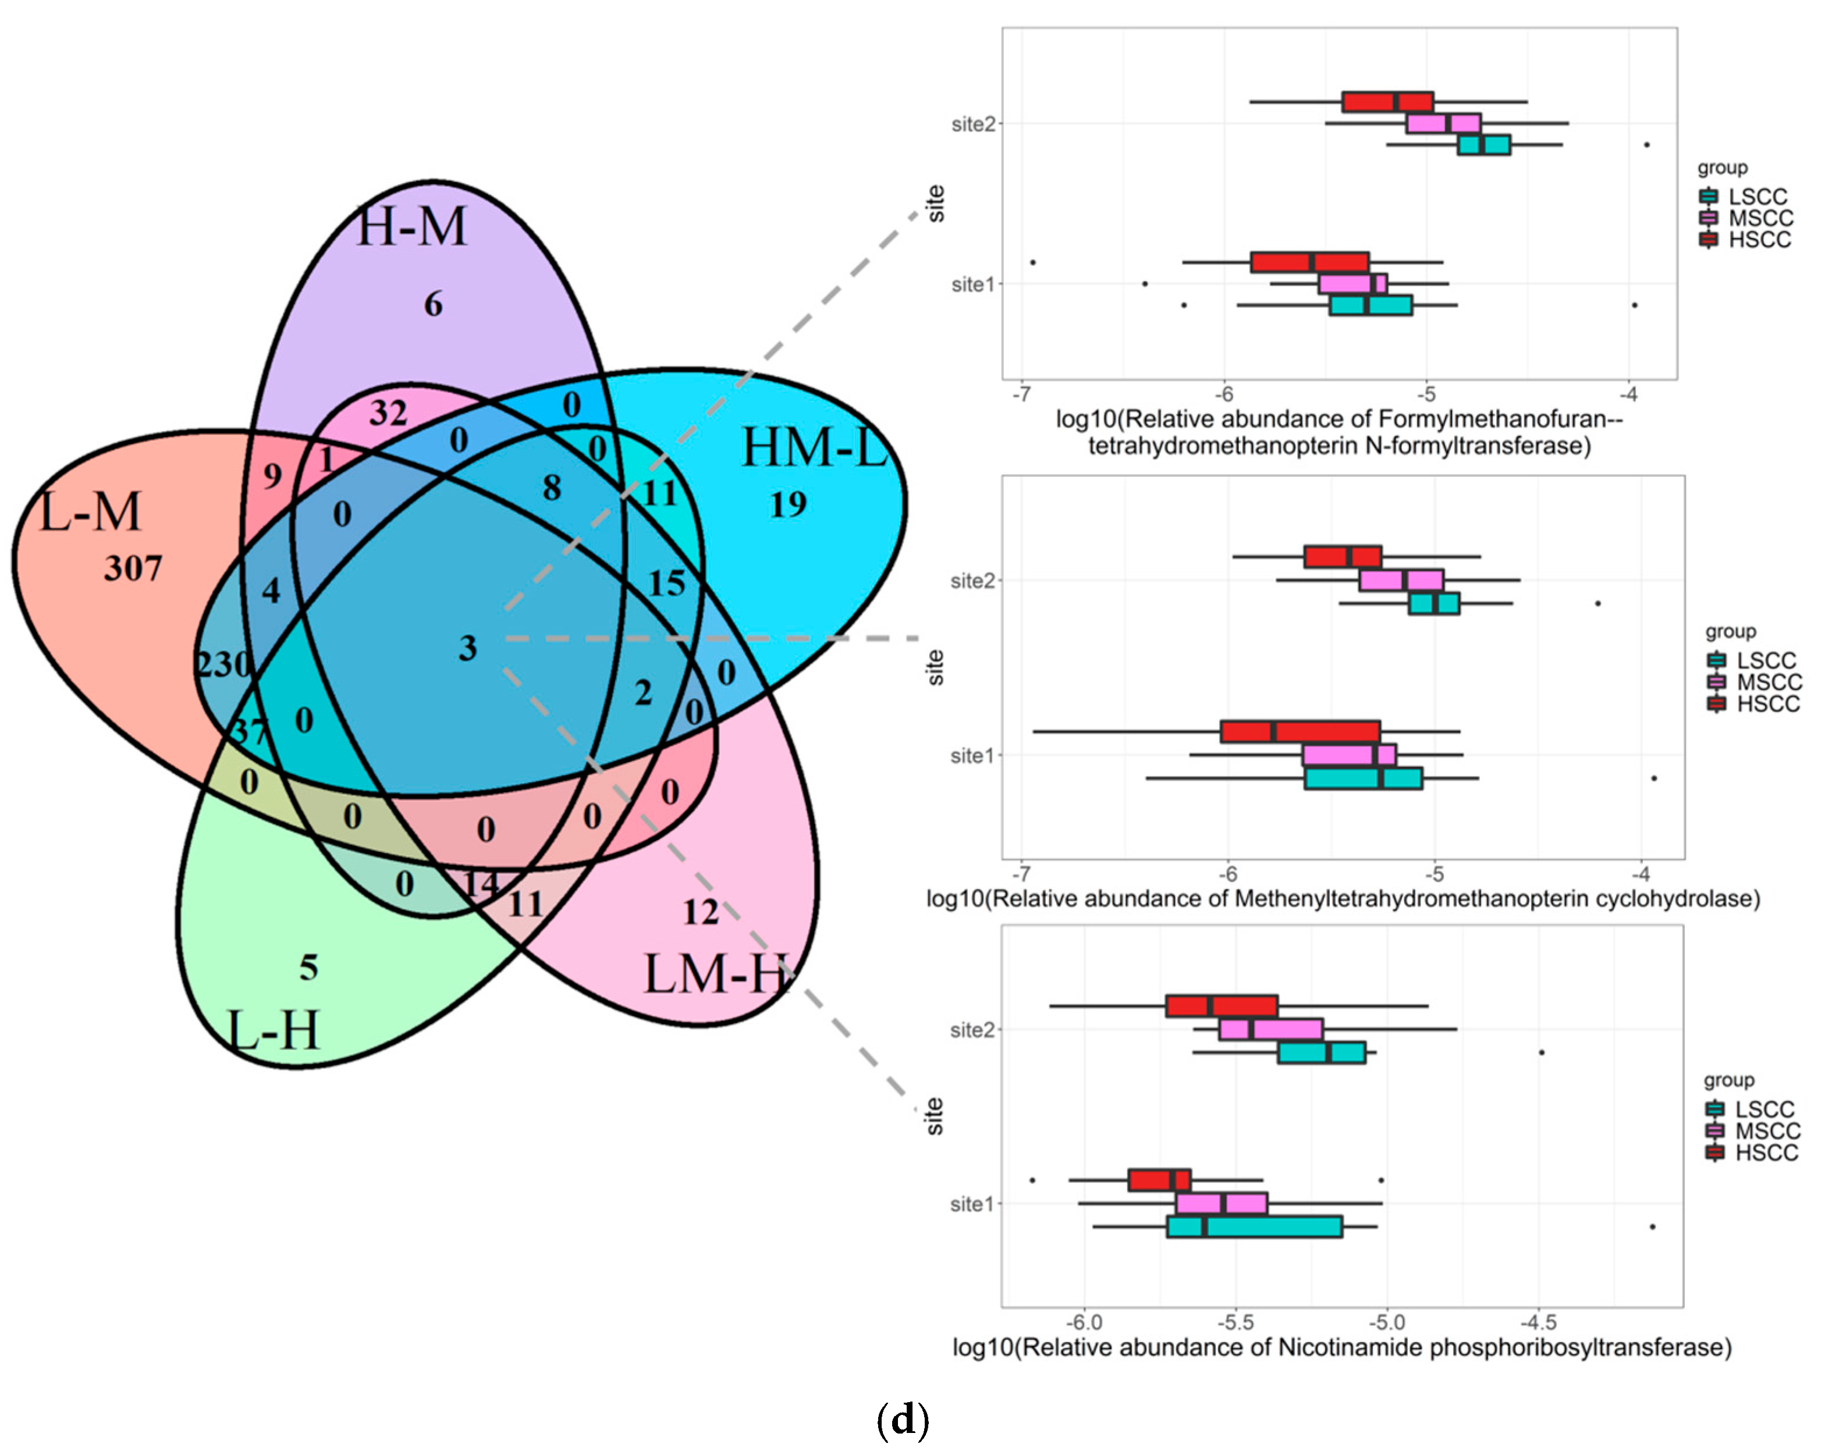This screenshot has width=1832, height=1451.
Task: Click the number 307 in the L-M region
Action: tap(133, 568)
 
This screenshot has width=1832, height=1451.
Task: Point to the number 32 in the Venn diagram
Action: tap(388, 414)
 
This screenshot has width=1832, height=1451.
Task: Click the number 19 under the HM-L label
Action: tap(788, 504)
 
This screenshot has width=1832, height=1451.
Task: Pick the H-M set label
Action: tap(411, 227)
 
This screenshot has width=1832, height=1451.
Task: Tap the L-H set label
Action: tap(274, 1030)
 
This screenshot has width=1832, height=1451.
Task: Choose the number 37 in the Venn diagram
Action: tap(249, 731)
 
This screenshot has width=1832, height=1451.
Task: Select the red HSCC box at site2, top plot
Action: tap(1387, 102)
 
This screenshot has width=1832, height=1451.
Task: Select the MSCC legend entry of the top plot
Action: tap(1760, 218)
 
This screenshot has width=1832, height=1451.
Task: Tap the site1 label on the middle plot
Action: tap(972, 755)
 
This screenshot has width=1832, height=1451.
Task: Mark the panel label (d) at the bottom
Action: tap(903, 1420)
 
